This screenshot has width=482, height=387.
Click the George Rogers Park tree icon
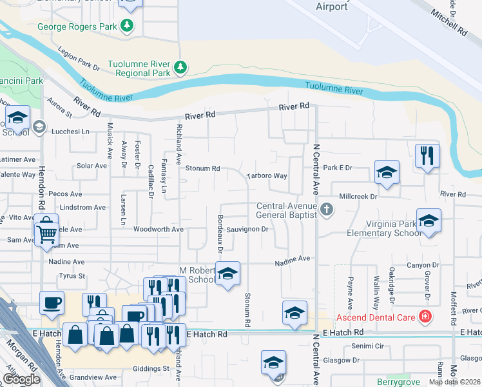(128, 26)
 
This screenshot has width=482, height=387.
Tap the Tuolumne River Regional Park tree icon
(181, 66)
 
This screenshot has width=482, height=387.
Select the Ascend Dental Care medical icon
(425, 316)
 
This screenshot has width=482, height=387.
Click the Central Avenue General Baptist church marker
(327, 209)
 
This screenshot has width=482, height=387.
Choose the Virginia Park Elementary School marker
(429, 220)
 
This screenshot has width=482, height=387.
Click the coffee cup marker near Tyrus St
(52, 302)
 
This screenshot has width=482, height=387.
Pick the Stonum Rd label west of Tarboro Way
(203, 168)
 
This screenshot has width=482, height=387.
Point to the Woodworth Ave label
(159, 229)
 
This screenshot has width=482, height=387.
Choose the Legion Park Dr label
(79, 62)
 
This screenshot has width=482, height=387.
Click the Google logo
(21, 379)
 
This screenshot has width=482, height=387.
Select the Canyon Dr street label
(423, 265)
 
